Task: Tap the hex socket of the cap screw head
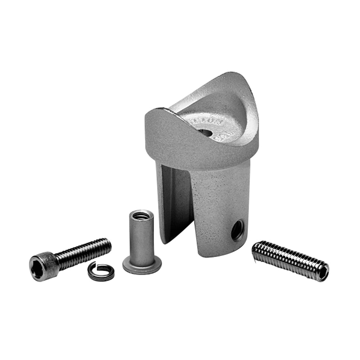[x=37, y=268]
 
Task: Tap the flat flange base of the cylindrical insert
[x=142, y=266]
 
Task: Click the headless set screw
[x=290, y=260]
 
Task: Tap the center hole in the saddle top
[x=205, y=132]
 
